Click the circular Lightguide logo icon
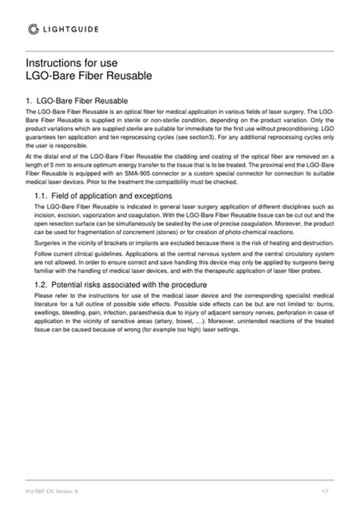(33, 29)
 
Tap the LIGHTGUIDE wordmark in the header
(74, 29)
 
